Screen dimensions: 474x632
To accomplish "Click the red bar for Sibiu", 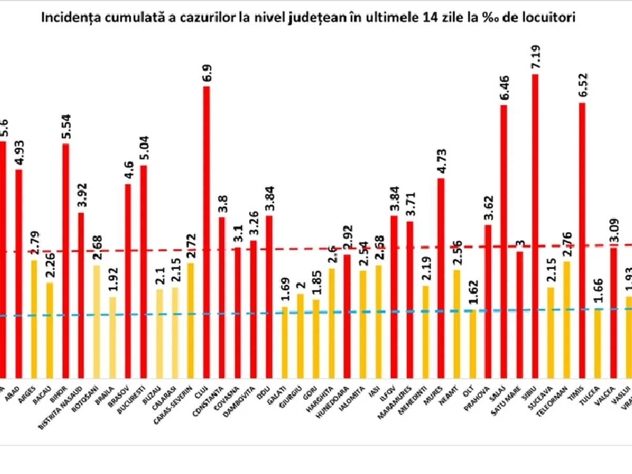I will (x=535, y=226).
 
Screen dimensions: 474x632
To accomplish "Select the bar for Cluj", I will (x=206, y=232).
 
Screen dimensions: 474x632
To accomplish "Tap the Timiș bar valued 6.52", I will (x=582, y=240).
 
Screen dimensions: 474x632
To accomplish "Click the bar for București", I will (x=144, y=271).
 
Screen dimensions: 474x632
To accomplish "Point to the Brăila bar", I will (x=112, y=337).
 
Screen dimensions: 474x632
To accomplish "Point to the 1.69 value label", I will (x=285, y=290).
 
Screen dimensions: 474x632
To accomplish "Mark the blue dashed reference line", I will (x=369, y=312).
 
